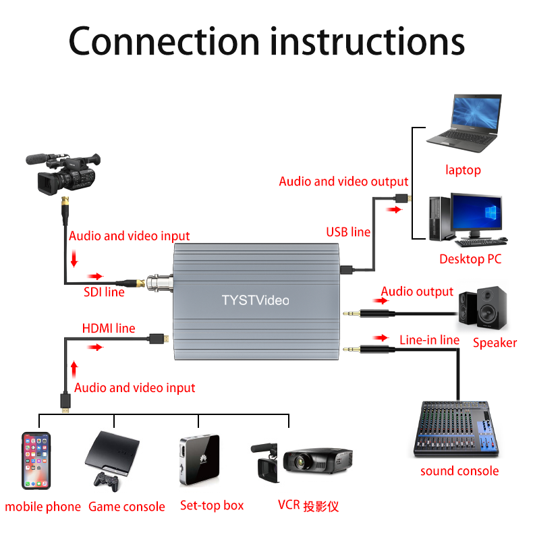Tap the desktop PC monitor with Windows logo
(x=476, y=215)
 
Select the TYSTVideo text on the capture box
(x=255, y=300)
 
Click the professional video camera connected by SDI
(x=64, y=172)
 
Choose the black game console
(x=112, y=451)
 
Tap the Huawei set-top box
(x=199, y=460)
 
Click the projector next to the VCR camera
(x=318, y=461)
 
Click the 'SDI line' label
(x=104, y=292)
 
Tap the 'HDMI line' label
(x=109, y=329)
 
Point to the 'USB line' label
(x=348, y=232)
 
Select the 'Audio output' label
(x=417, y=292)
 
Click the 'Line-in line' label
(x=429, y=339)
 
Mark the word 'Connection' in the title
(x=164, y=42)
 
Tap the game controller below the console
(x=106, y=480)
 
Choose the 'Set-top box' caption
(x=212, y=505)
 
